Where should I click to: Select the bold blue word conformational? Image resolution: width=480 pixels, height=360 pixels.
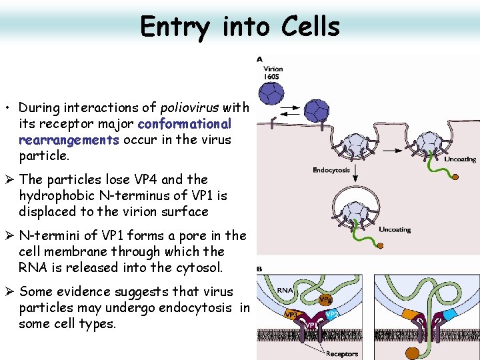(x=184, y=124)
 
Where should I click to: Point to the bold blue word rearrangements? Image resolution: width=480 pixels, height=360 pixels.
(x=69, y=140)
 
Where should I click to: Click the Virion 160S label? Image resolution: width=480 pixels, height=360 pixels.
(x=273, y=72)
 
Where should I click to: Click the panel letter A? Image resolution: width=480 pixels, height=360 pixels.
(x=260, y=59)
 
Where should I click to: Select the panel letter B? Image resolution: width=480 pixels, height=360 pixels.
(x=260, y=269)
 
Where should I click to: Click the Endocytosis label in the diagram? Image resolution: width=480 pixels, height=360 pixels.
(x=331, y=170)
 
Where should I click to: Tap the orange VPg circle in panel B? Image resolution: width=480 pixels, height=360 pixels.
(x=325, y=300)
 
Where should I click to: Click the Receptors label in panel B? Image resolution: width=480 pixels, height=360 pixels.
(x=341, y=353)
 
